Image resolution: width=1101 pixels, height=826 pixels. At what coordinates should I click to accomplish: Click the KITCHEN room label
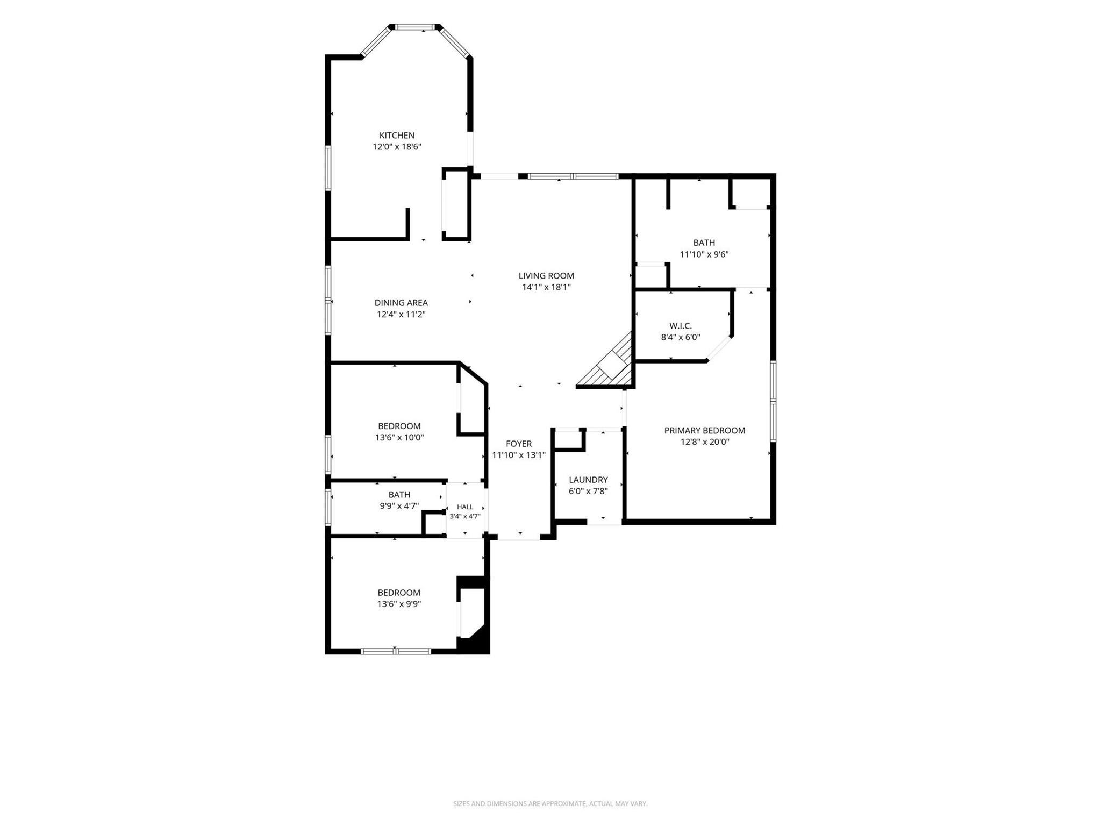coord(397,136)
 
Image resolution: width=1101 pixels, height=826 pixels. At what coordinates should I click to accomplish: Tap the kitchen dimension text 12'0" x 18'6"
coord(397,147)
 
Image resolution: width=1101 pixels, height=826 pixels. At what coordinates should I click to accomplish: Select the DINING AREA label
coord(401,303)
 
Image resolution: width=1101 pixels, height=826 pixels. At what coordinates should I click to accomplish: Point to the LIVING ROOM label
coord(546,276)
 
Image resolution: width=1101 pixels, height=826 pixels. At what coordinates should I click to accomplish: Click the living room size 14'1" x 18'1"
coord(546,287)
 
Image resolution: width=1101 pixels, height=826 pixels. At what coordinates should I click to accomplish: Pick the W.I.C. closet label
coord(681,326)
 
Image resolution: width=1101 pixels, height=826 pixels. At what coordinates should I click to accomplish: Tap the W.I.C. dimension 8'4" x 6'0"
coord(681,338)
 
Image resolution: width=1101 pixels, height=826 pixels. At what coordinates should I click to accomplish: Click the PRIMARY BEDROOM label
coord(705,430)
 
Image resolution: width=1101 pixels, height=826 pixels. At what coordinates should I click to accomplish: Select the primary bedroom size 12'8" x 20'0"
coord(705,442)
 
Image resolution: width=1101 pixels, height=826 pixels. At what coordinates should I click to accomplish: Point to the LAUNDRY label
coord(588,480)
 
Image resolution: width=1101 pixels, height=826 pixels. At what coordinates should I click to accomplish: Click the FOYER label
coord(519,444)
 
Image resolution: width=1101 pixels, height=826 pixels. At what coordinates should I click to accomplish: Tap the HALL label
coord(465,507)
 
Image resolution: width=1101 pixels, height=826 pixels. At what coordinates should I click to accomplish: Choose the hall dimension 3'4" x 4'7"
coord(465,516)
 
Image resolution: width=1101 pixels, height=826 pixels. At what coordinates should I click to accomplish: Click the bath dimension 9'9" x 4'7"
coord(399,506)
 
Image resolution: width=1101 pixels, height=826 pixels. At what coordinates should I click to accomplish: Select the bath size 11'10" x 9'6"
coord(704,254)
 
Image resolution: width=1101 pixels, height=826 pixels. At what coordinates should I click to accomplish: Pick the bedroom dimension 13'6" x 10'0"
coord(399,438)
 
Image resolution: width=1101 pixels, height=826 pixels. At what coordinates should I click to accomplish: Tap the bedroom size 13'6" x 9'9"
coord(399,604)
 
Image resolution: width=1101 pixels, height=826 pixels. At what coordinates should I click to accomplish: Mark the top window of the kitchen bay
coord(415,26)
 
